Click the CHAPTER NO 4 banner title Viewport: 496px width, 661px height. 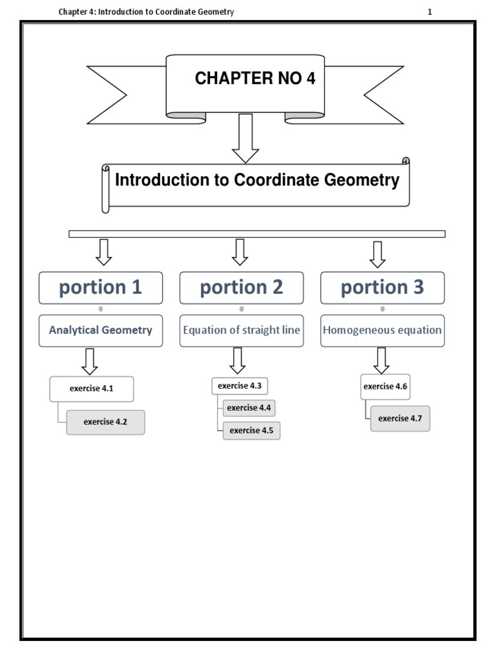tap(255, 79)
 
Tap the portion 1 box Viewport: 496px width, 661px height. tap(100, 288)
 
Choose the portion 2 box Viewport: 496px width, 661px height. tap(242, 288)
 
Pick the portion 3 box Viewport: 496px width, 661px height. tap(382, 288)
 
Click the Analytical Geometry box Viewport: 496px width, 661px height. tap(101, 330)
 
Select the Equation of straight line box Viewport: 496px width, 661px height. tap(242, 330)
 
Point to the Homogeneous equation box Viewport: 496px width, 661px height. tap(382, 330)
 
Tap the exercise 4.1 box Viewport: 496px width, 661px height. tap(92, 389)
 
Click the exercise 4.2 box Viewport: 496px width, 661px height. tap(105, 422)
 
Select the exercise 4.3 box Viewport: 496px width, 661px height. tap(240, 386)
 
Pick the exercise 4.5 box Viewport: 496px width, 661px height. tap(251, 431)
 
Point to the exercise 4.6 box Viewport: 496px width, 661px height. tap(386, 387)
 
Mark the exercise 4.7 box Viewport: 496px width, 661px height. tap(400, 418)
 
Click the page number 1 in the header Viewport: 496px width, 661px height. tap(429, 12)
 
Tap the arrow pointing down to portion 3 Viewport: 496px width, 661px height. tap(378, 254)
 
